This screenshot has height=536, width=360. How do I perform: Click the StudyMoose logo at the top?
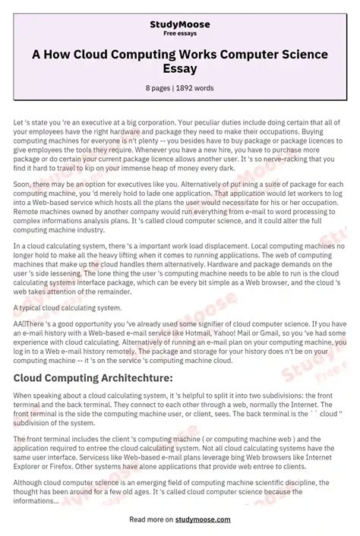pos(180,25)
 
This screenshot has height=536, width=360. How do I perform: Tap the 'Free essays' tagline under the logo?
pos(180,33)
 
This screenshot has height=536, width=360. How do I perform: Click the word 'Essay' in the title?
pos(180,68)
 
